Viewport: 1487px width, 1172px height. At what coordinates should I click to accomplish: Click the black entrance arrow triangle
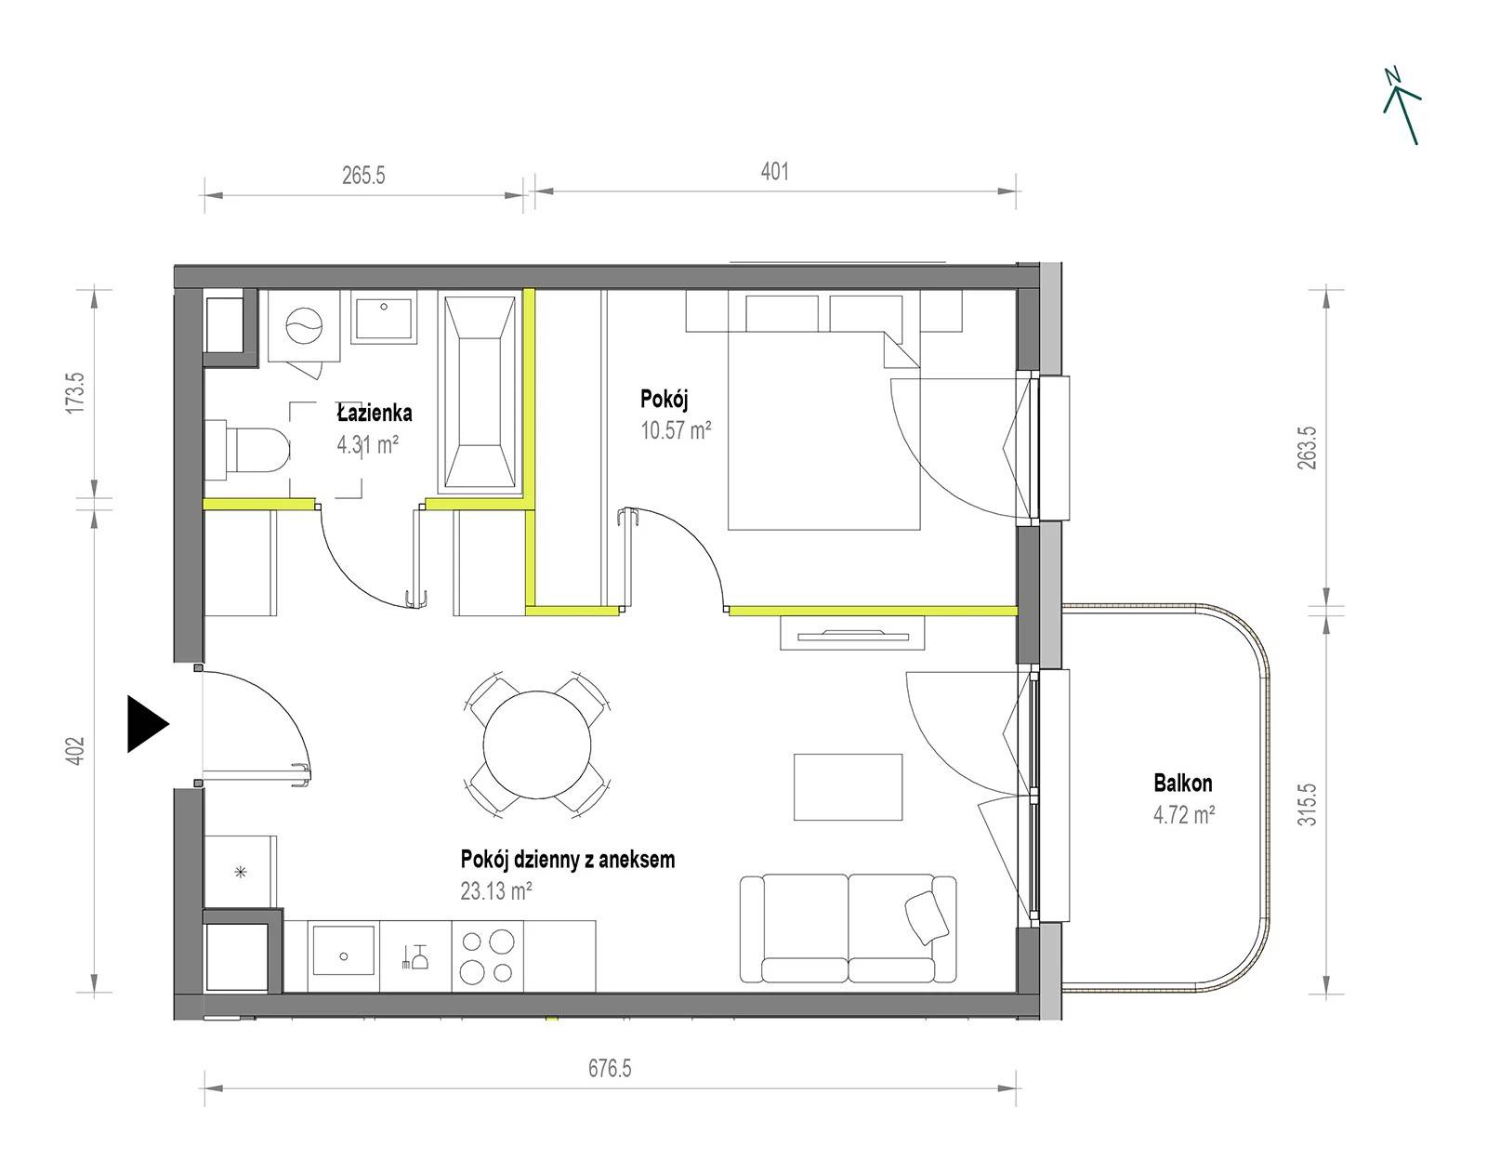[147, 723]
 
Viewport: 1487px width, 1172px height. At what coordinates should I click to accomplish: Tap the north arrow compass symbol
[1401, 107]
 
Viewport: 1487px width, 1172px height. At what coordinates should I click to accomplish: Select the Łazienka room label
[375, 413]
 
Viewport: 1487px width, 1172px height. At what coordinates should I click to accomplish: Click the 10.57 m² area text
[676, 430]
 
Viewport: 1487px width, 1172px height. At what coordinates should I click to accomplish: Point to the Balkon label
[1183, 783]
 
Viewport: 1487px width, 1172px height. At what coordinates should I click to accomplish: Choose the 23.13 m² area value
[496, 890]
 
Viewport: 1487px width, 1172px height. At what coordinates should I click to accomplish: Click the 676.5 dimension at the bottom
[610, 1068]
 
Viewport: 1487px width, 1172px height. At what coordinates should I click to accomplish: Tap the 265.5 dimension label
[363, 176]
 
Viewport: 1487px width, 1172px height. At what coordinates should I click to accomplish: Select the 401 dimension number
[774, 171]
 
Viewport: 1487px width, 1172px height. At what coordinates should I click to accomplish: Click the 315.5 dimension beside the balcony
[1307, 804]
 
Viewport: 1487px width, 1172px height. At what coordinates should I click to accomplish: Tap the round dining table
[537, 744]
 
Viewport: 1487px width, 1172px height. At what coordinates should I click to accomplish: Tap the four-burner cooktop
[488, 957]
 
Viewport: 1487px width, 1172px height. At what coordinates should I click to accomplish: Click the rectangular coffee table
[848, 787]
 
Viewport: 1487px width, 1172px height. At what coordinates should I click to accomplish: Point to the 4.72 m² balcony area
[1184, 815]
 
